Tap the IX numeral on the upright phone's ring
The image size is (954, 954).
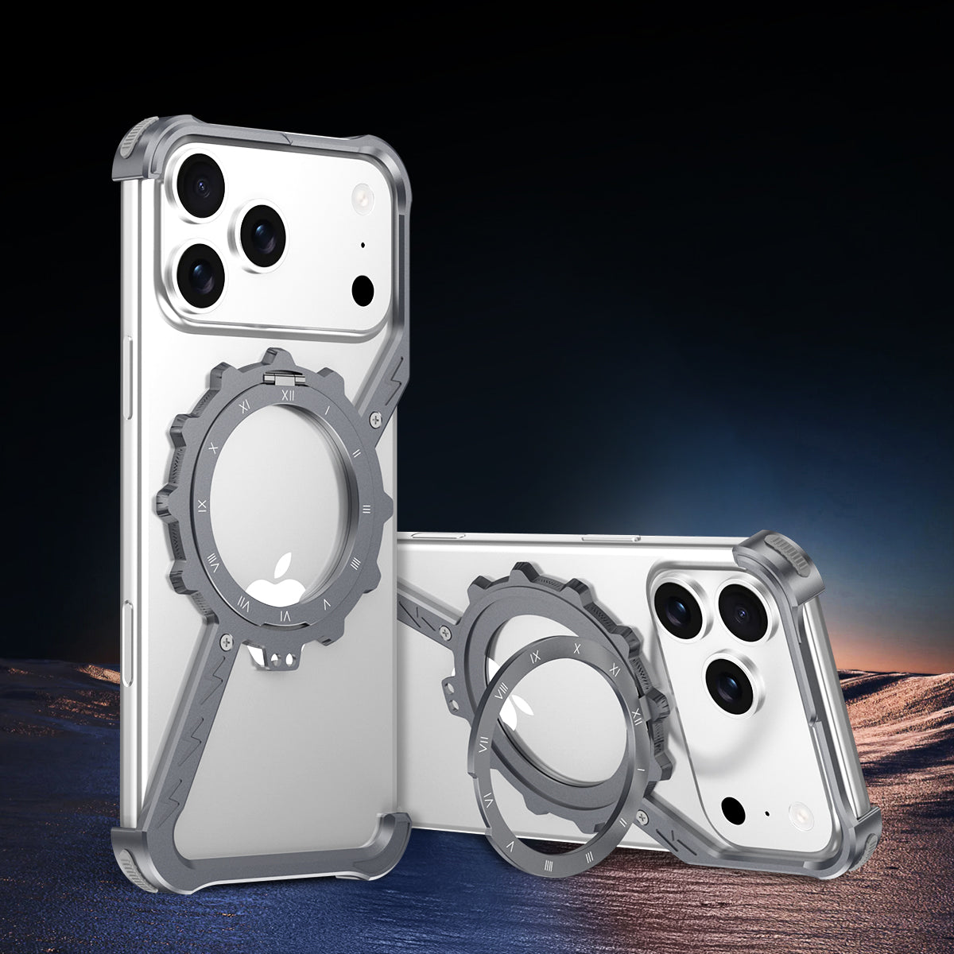203,504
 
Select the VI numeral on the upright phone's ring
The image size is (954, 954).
285,615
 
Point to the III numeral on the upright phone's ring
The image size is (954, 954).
367,508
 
